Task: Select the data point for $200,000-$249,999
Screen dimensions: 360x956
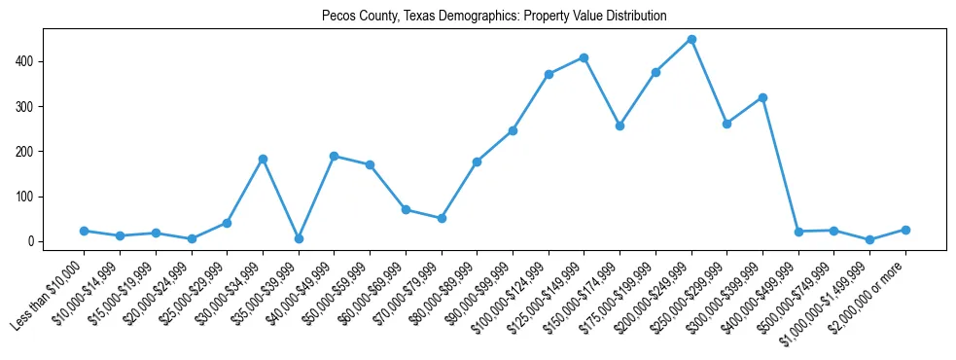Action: tap(691, 40)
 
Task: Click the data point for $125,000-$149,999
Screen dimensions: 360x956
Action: tap(584, 57)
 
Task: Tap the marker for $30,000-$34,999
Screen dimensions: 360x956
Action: tap(263, 159)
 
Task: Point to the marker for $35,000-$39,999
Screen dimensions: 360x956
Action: tap(299, 238)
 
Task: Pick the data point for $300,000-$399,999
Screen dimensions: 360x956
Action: tap(762, 97)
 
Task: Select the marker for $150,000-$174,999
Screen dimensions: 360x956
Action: tap(620, 126)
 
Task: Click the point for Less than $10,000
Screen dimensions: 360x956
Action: tap(84, 231)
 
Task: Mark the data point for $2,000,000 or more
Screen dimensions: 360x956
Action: tap(905, 230)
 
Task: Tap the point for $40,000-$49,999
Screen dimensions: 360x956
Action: tap(334, 156)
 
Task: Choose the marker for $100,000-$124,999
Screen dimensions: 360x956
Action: tap(549, 74)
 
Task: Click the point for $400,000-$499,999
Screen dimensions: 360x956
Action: tap(798, 232)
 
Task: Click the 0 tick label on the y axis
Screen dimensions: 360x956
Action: tap(32, 241)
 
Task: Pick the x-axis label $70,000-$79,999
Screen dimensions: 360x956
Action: tap(407, 293)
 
